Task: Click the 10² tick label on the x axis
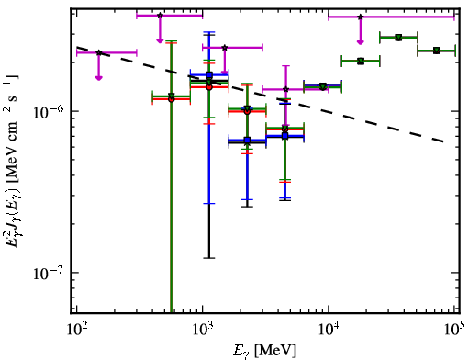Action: click(76, 330)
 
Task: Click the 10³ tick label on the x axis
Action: click(203, 330)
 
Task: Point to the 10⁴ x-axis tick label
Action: click(329, 330)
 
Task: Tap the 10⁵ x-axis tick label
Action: click(454, 330)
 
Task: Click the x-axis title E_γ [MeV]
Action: click(264, 351)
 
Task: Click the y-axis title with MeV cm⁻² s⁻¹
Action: click(11, 161)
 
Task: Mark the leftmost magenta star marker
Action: click(99, 52)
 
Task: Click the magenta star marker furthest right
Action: click(361, 17)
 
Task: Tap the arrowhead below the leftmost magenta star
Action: click(98, 78)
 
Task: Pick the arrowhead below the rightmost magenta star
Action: click(361, 42)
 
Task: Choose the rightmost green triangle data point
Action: click(437, 51)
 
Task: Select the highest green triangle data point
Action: click(398, 38)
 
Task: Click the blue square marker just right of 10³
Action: click(209, 74)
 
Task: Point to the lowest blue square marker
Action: click(247, 141)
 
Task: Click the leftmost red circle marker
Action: click(172, 99)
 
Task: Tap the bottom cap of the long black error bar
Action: click(209, 258)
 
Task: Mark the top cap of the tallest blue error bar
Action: click(209, 32)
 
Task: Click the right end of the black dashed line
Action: click(444, 141)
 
